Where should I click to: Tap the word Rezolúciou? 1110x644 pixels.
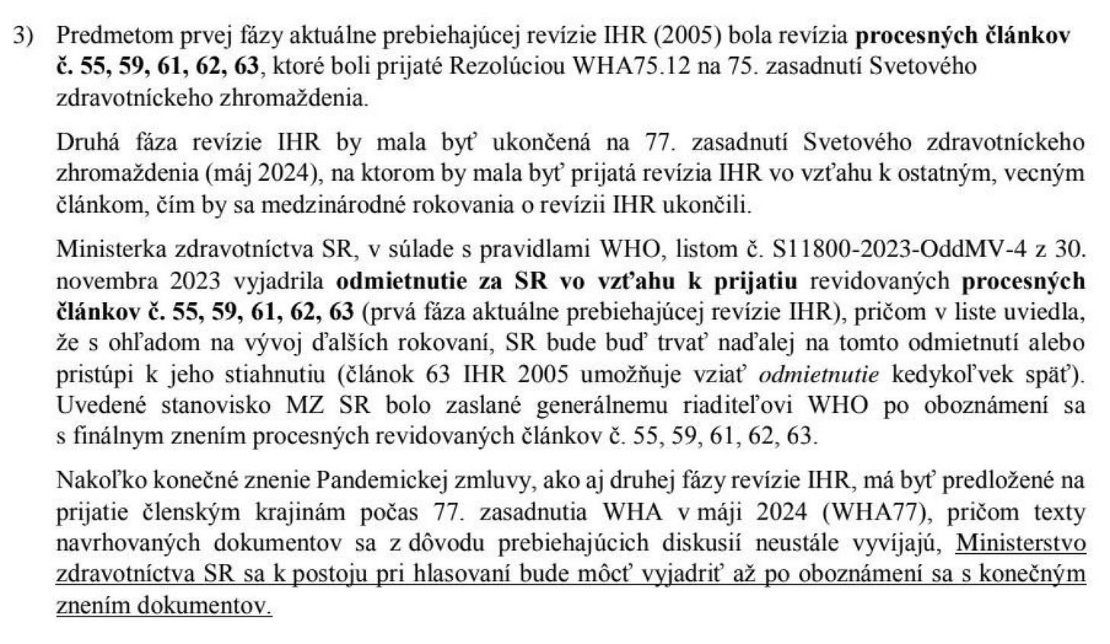tap(508, 66)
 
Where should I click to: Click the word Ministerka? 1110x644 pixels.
tap(111, 250)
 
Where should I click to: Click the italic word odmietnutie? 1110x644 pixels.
tap(819, 374)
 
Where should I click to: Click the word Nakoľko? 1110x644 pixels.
tap(92, 481)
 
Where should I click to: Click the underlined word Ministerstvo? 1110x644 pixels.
tap(1019, 543)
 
